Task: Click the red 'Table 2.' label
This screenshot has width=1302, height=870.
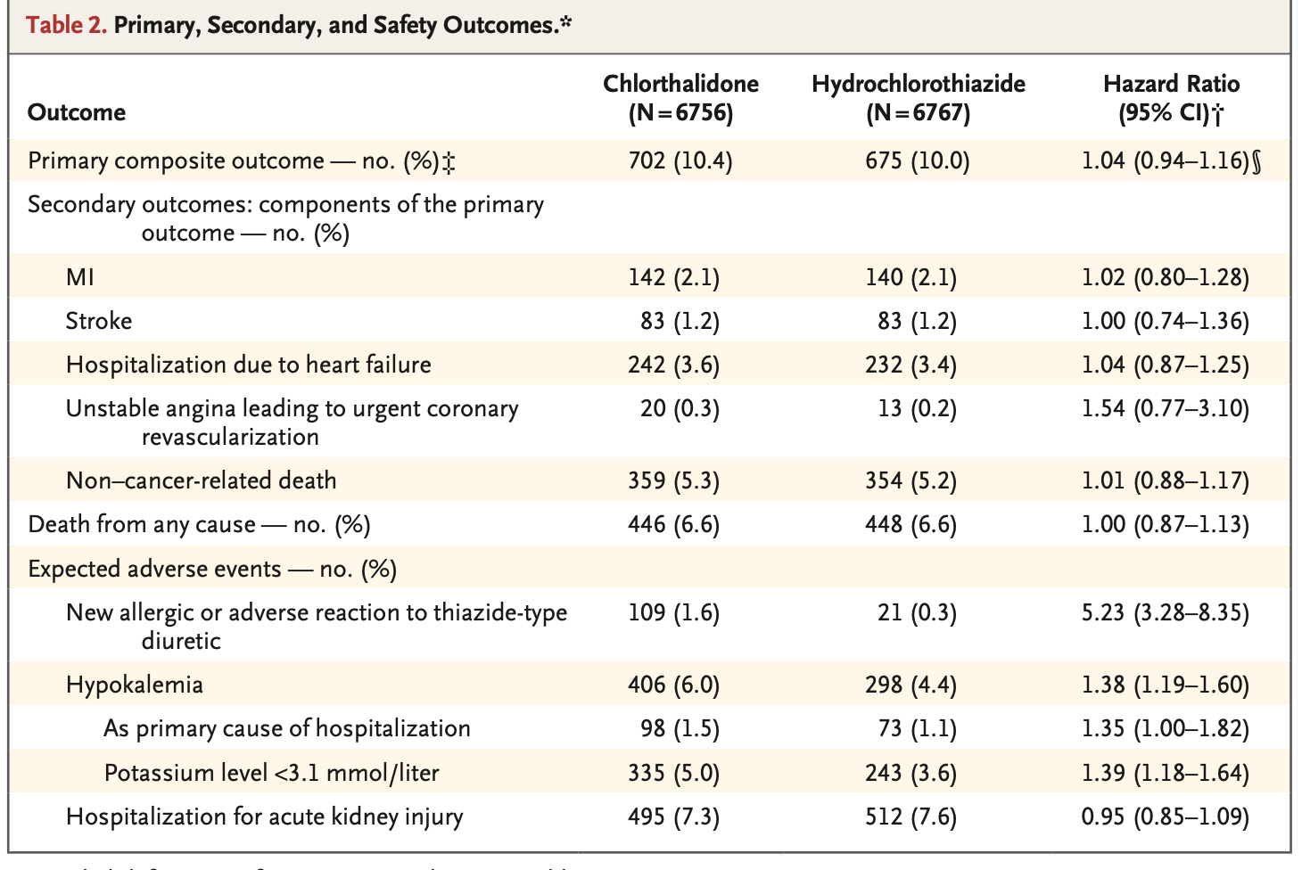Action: click(66, 24)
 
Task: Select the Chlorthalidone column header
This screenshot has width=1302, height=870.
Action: click(680, 97)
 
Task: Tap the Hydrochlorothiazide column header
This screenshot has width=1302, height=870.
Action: click(918, 97)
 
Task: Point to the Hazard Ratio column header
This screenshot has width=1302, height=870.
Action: click(1171, 97)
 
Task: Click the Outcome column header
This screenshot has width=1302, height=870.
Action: click(77, 112)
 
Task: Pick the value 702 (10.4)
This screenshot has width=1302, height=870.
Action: click(680, 160)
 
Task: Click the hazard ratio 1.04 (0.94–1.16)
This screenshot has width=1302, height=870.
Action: click(1165, 160)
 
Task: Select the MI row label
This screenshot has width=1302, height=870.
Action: click(80, 277)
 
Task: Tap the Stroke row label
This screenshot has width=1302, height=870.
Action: click(99, 321)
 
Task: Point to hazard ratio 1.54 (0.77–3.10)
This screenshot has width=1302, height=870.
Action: click(1165, 408)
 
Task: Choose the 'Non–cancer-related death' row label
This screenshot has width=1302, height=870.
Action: click(202, 480)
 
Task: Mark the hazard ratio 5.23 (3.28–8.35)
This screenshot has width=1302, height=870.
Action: click(1165, 612)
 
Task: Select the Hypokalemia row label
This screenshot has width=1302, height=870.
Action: click(135, 685)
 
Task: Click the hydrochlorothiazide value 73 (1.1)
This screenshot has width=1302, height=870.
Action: click(918, 728)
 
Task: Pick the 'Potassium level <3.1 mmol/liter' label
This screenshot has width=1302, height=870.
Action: click(272, 772)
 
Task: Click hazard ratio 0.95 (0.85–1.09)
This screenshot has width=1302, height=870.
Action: click(1165, 816)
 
